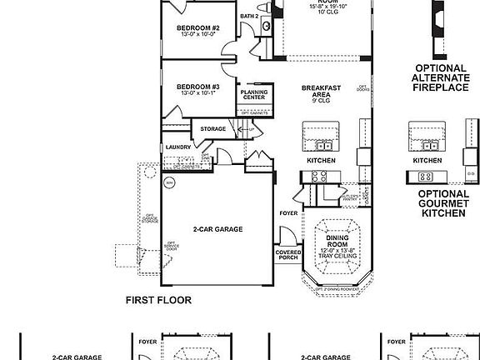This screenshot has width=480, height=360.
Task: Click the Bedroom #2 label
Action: click(x=196, y=27)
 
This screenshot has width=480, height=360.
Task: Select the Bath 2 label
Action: click(x=249, y=16)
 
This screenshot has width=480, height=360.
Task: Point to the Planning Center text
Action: click(x=254, y=95)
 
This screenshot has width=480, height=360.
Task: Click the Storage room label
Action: click(x=212, y=129)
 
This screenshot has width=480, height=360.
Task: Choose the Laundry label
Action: click(x=178, y=147)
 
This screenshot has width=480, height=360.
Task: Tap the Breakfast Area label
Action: click(x=319, y=92)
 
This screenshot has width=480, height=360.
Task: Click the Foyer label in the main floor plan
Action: click(x=288, y=213)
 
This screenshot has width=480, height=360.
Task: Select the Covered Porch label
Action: click(x=287, y=256)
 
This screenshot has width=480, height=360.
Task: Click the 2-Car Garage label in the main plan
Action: click(x=217, y=229)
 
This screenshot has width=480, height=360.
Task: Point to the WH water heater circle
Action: click(x=169, y=181)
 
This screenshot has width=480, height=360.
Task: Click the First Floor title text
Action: click(x=158, y=300)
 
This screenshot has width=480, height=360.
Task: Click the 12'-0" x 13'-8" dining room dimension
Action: click(x=332, y=251)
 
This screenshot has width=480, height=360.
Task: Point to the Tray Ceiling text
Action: click(x=332, y=257)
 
